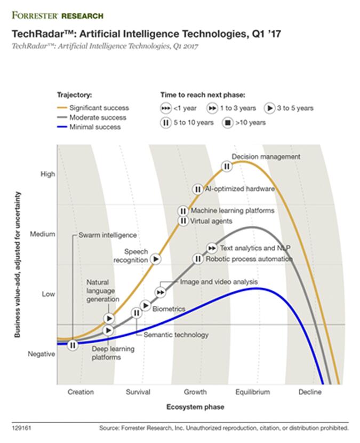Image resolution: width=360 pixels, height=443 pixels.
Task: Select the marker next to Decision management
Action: point(227,167)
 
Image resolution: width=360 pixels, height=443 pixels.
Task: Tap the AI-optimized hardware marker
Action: point(197,189)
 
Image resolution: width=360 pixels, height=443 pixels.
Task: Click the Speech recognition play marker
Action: point(155,259)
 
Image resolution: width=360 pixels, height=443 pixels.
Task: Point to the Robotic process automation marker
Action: point(197,259)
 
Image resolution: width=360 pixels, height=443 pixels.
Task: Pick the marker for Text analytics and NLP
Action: point(212,248)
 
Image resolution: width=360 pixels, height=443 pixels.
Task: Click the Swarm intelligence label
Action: point(107,235)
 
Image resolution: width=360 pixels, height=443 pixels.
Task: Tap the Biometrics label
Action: point(169,309)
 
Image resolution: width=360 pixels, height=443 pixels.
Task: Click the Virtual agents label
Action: point(211,221)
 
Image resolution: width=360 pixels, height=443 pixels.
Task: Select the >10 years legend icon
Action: point(228,122)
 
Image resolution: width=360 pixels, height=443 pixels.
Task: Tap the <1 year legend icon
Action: point(166,108)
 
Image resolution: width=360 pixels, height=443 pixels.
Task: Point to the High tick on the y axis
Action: point(48,174)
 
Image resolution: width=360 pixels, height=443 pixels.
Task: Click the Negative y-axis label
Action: point(42,354)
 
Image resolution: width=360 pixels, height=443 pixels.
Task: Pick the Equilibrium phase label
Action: point(252,392)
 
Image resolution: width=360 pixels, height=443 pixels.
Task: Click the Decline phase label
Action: point(310,392)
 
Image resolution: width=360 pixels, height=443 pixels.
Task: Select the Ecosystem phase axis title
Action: point(195,407)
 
